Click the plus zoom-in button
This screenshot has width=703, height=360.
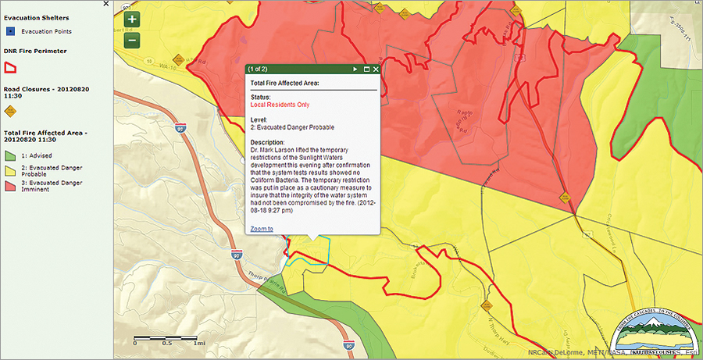132,20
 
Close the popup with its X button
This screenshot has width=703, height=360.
376,70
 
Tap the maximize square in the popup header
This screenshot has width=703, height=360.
366,70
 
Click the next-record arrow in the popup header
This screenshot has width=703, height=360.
355,70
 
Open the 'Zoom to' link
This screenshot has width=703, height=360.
262,229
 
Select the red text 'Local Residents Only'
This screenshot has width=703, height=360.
280,105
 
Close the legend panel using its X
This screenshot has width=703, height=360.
106,5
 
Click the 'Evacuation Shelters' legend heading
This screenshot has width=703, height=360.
36,17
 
